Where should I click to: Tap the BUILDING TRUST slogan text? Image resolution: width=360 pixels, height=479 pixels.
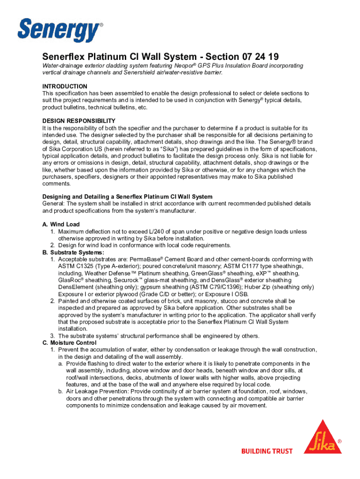[x=266, y=451]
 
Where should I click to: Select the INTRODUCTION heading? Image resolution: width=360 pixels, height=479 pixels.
[x=65, y=87]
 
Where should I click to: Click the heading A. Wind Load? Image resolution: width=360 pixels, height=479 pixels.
[x=61, y=225]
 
